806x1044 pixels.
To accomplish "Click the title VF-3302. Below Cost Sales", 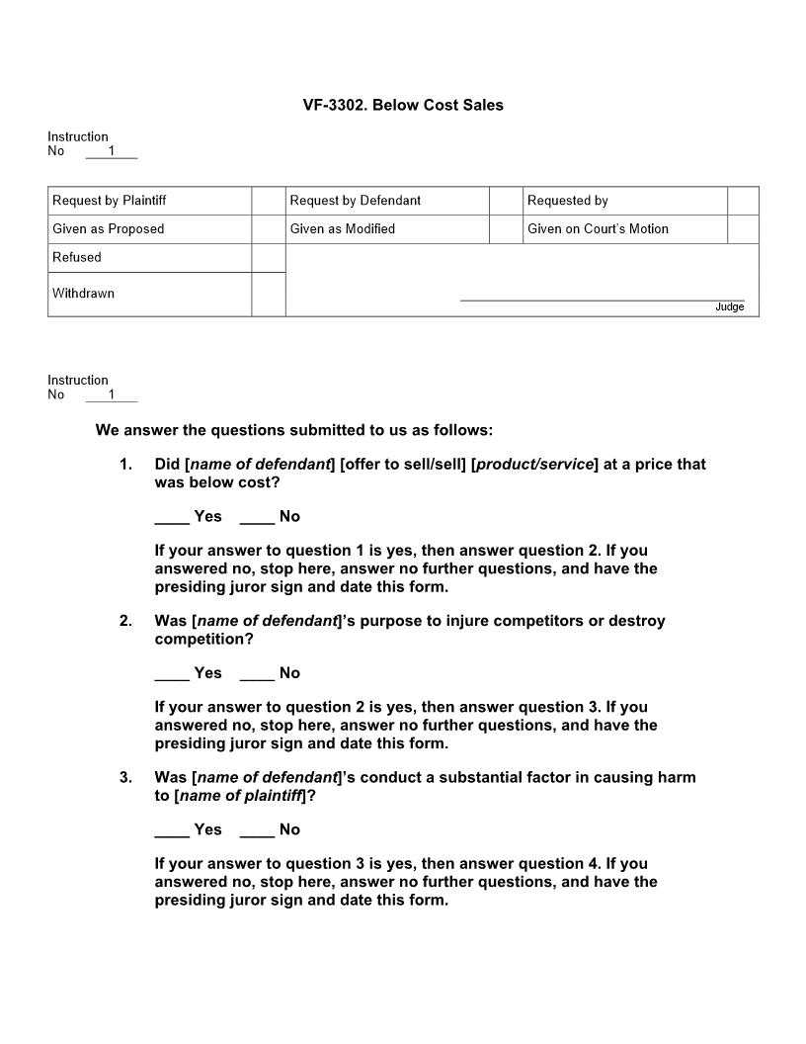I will click(403, 105).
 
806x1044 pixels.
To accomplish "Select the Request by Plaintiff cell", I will click(110, 201).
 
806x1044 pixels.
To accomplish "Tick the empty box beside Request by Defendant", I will click(506, 201).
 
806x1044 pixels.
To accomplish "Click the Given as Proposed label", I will click(109, 229).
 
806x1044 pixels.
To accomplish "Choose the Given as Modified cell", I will click(343, 229).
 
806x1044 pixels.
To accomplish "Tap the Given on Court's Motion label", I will click(598, 229).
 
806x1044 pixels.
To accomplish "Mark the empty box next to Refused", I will click(268, 258).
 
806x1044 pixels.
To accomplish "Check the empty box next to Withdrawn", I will click(268, 294).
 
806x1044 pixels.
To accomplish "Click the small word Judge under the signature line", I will click(729, 307).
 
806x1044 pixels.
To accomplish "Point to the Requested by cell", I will click(568, 201).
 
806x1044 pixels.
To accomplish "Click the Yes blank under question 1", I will click(172, 517).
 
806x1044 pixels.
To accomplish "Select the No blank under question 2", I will click(257, 674).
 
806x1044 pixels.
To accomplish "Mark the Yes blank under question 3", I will click(172, 830).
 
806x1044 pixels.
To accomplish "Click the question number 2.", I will click(125, 621).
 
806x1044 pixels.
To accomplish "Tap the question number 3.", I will click(125, 777).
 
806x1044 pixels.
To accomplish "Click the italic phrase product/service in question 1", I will click(534, 465).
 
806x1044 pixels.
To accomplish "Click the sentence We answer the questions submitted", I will click(293, 430).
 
